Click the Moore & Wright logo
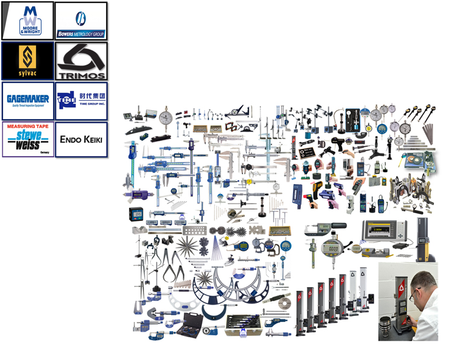click(27, 20)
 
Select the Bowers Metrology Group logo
click(81, 20)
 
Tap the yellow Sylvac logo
click(27, 60)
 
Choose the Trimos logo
click(81, 61)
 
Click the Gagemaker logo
click(27, 101)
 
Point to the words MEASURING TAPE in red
click(27, 126)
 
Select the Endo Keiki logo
click(81, 139)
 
